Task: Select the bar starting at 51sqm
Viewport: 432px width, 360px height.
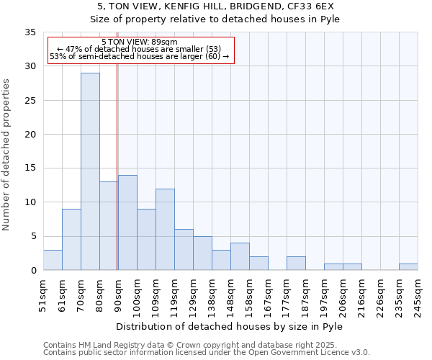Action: tap(53, 260)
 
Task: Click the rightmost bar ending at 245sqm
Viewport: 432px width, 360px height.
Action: tap(408, 267)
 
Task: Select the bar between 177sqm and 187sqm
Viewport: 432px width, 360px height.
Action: tap(296, 264)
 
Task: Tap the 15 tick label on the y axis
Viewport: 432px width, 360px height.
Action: tap(30, 168)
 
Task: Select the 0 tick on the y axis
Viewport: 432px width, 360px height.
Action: tap(33, 271)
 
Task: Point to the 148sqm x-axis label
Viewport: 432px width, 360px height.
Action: tap(230, 295)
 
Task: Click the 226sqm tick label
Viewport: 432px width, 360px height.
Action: tap(380, 295)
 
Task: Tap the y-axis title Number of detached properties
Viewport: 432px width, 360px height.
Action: tap(6, 155)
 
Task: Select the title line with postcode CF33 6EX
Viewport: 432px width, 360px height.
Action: tap(216, 6)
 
